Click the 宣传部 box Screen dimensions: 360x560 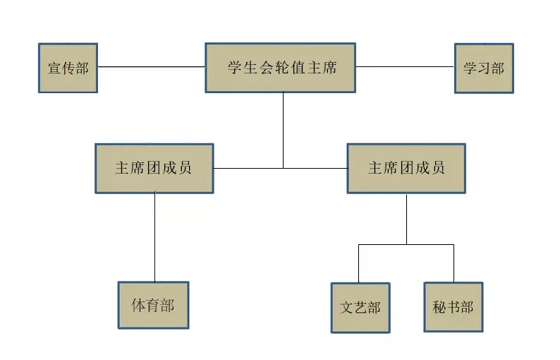(67, 68)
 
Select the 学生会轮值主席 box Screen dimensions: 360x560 (281, 68)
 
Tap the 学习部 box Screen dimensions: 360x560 (483, 68)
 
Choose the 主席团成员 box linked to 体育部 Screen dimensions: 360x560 (154, 169)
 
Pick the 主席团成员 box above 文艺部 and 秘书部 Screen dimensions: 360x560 (406, 169)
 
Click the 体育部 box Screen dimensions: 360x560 (153, 305)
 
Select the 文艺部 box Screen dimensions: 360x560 (360, 308)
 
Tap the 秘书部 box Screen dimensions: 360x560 (454, 308)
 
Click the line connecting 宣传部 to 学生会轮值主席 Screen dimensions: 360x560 (151, 67)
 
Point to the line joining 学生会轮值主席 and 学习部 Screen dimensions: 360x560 (405, 67)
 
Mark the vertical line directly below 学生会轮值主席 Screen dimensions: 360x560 (283, 131)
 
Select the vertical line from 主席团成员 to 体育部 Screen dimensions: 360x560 (155, 237)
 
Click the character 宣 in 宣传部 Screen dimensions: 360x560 (54, 68)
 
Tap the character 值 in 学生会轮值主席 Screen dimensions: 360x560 (296, 68)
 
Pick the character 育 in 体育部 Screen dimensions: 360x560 (153, 306)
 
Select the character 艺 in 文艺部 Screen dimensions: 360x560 (360, 308)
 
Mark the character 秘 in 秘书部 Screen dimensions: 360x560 (439, 308)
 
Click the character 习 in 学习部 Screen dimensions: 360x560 (484, 68)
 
